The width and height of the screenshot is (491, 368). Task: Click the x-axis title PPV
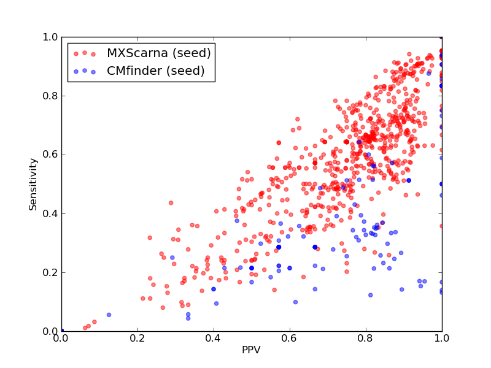(x=251, y=350)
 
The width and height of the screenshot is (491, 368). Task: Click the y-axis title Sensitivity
(x=33, y=185)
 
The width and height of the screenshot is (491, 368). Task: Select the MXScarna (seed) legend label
(x=159, y=53)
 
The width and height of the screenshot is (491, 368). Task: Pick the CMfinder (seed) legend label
(x=156, y=71)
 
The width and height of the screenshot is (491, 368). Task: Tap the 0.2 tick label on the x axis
(x=137, y=339)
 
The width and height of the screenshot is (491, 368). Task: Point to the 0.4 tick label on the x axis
(x=214, y=339)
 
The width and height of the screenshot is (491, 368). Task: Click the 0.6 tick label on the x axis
(x=290, y=339)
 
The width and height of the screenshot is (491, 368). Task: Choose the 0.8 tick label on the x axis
(x=366, y=339)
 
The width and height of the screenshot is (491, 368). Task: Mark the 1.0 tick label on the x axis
(x=442, y=339)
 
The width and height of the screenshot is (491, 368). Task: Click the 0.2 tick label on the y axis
(x=50, y=272)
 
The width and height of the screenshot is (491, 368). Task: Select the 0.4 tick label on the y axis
(x=50, y=213)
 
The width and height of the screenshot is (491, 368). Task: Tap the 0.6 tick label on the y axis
(x=50, y=155)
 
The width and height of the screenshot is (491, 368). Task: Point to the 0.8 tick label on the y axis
(x=50, y=96)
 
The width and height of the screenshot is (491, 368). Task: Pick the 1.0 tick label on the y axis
(x=50, y=37)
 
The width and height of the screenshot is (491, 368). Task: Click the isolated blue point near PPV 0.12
(x=109, y=315)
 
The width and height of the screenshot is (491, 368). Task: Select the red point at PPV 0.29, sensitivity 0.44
(x=171, y=203)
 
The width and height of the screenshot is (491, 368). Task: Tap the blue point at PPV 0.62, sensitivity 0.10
(x=296, y=302)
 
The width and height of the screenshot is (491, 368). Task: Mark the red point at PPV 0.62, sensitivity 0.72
(x=298, y=119)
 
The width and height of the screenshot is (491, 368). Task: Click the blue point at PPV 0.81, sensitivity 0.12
(x=371, y=295)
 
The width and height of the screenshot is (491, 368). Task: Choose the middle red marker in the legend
(x=85, y=53)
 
